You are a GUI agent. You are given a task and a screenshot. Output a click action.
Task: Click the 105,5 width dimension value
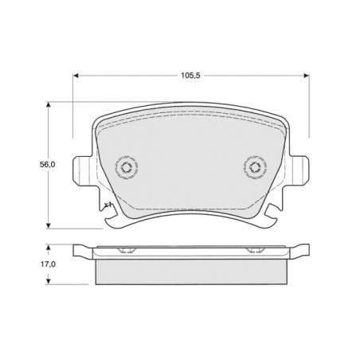pos(190,76)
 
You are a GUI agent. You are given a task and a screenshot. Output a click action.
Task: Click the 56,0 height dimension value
pos(47,165)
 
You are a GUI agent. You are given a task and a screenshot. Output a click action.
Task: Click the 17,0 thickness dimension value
pos(48,264)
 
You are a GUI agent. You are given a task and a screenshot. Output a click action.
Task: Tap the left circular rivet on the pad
pos(127,167)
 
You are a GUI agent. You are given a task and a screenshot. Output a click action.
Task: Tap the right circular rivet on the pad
pos(255,167)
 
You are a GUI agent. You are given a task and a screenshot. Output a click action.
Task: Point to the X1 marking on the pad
pos(108,205)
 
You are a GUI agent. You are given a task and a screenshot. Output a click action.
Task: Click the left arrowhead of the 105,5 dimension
pos(76,76)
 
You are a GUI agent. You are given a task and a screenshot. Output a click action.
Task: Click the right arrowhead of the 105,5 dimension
pos(306,76)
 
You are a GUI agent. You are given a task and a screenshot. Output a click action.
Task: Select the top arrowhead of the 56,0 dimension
pos(48,104)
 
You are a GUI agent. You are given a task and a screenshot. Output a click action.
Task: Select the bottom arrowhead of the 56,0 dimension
pos(48,225)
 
